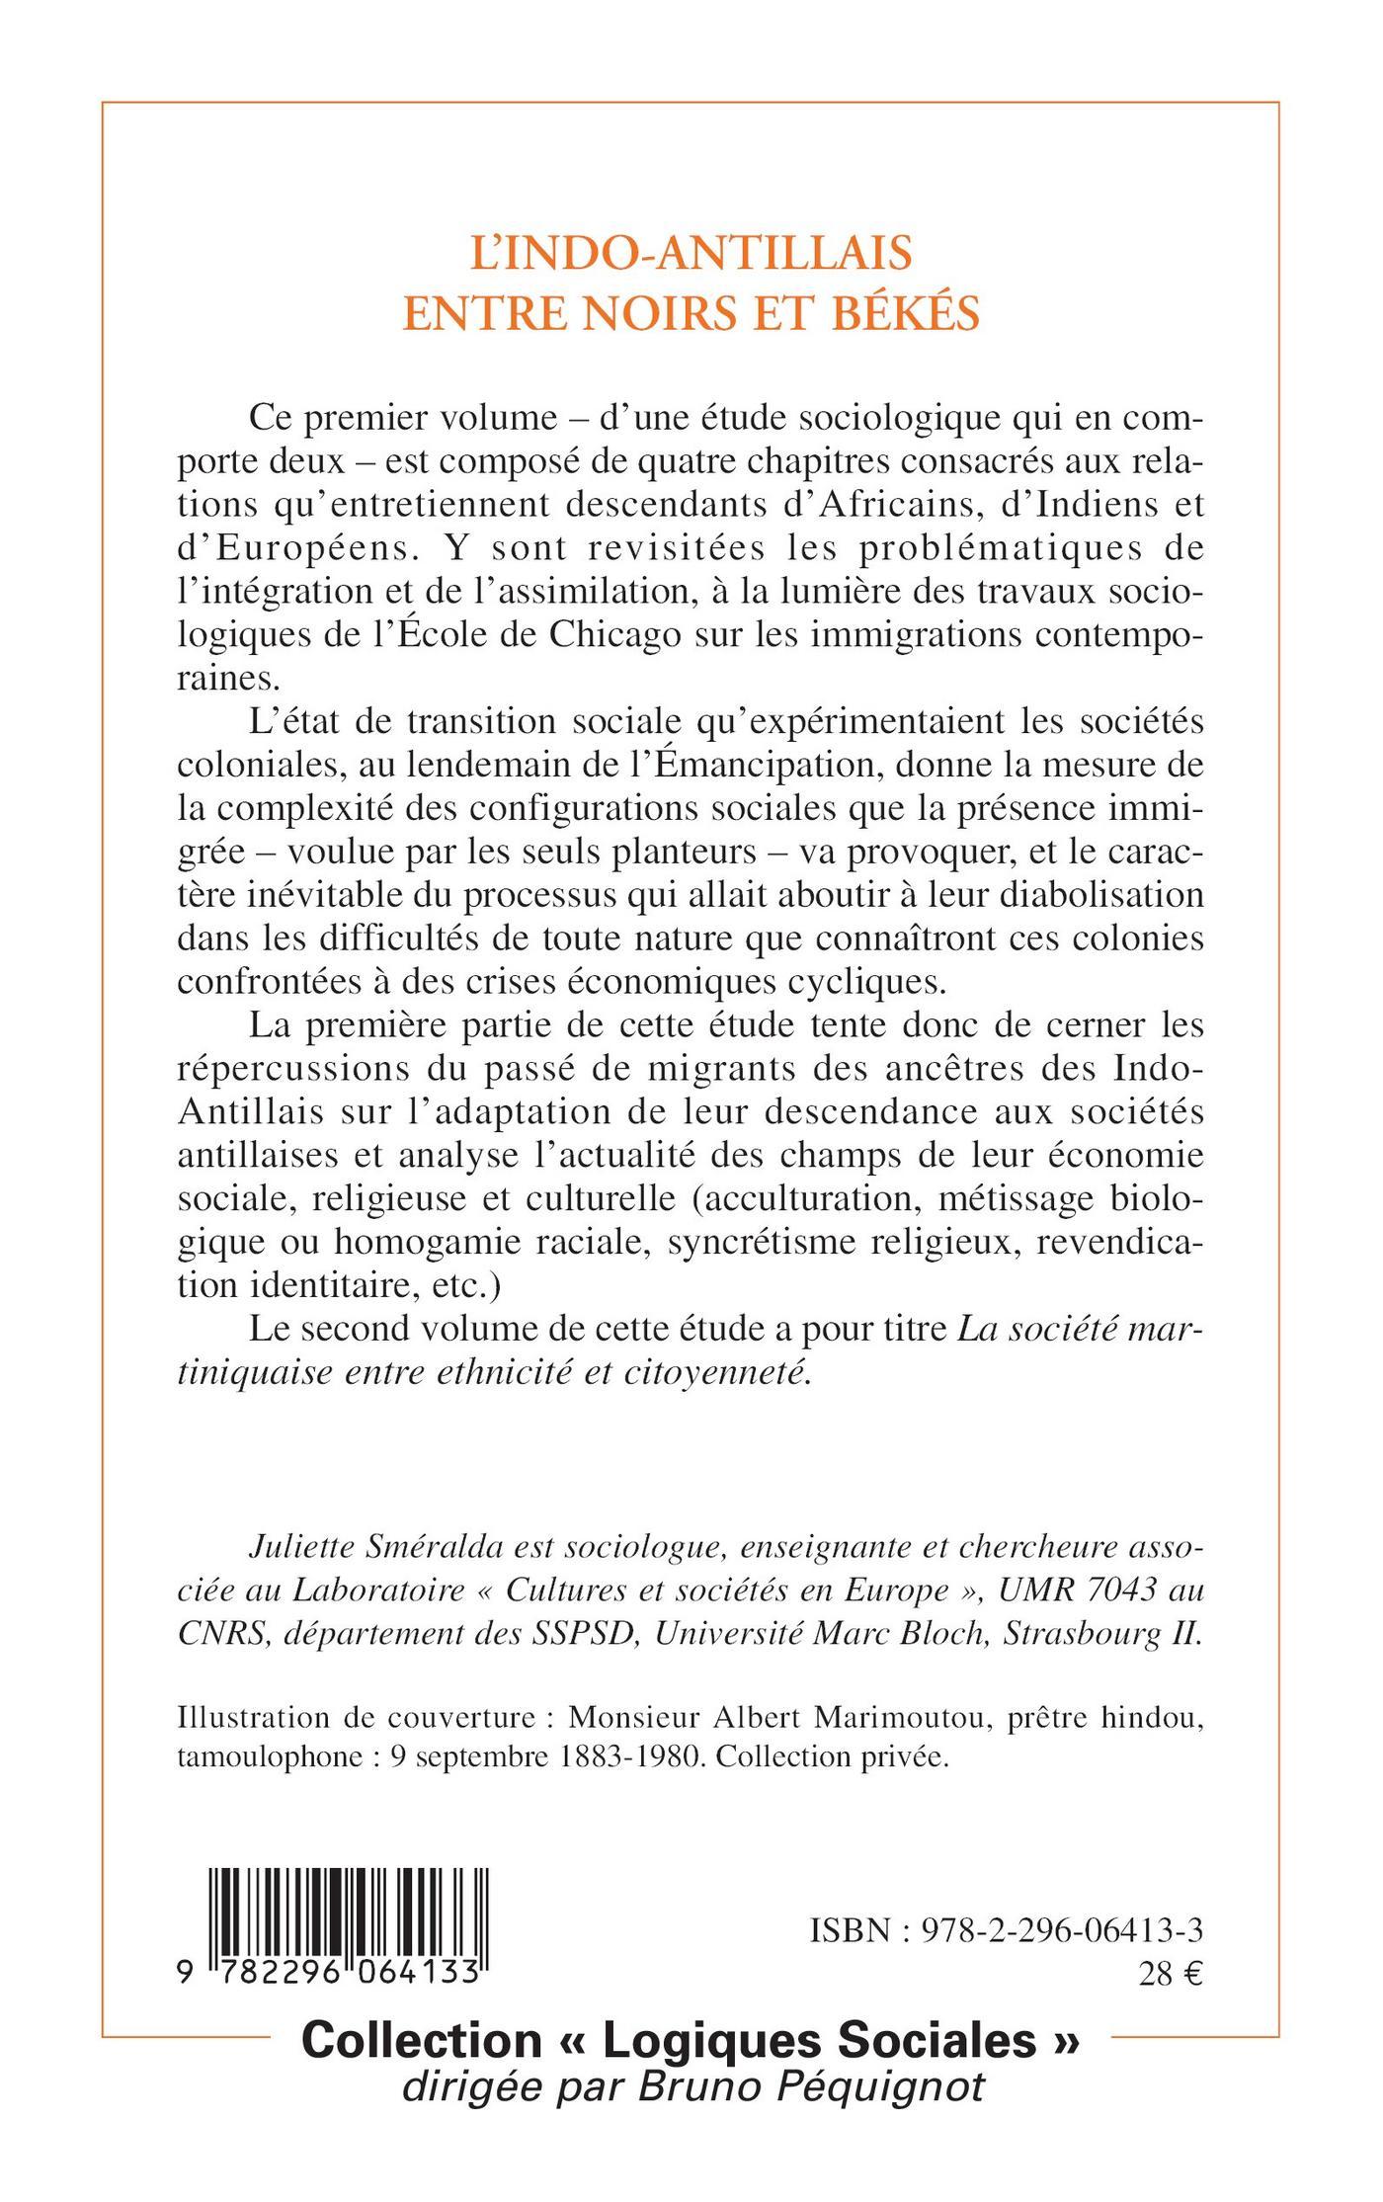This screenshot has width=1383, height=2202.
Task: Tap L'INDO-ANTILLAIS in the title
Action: [x=691, y=254]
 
